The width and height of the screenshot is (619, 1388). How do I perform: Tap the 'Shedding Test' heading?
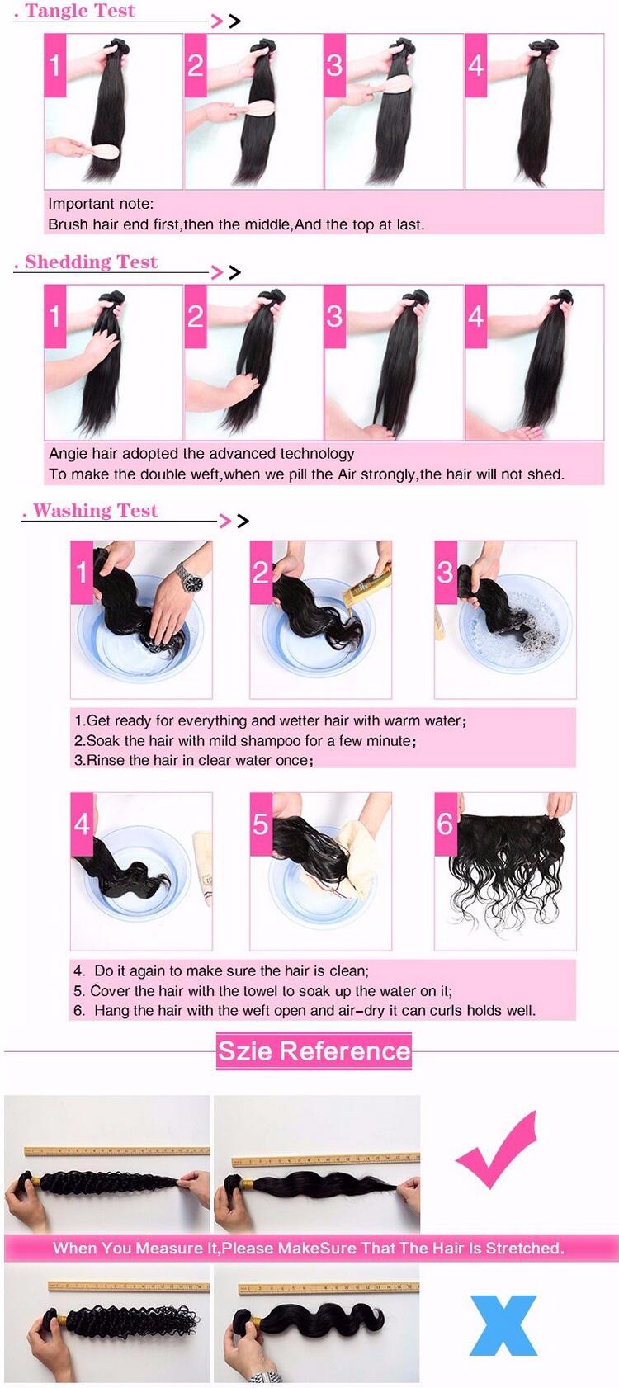pyautogui.click(x=91, y=262)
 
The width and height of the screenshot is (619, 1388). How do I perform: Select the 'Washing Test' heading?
pyautogui.click(x=96, y=511)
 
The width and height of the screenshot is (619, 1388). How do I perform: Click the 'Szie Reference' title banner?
pyautogui.click(x=314, y=1051)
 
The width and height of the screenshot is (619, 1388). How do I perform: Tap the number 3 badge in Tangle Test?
pyautogui.click(x=334, y=65)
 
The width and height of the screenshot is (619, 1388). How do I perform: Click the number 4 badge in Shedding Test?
pyautogui.click(x=476, y=316)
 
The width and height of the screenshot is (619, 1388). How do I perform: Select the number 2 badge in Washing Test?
pyautogui.click(x=261, y=572)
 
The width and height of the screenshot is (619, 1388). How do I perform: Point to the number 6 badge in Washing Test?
pyautogui.click(x=445, y=824)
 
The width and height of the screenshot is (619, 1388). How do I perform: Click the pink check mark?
pyautogui.click(x=496, y=1150)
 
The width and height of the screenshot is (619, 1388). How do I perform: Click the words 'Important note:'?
pyautogui.click(x=101, y=203)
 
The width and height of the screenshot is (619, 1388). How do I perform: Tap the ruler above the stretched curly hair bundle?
pyautogui.click(x=117, y=1150)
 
